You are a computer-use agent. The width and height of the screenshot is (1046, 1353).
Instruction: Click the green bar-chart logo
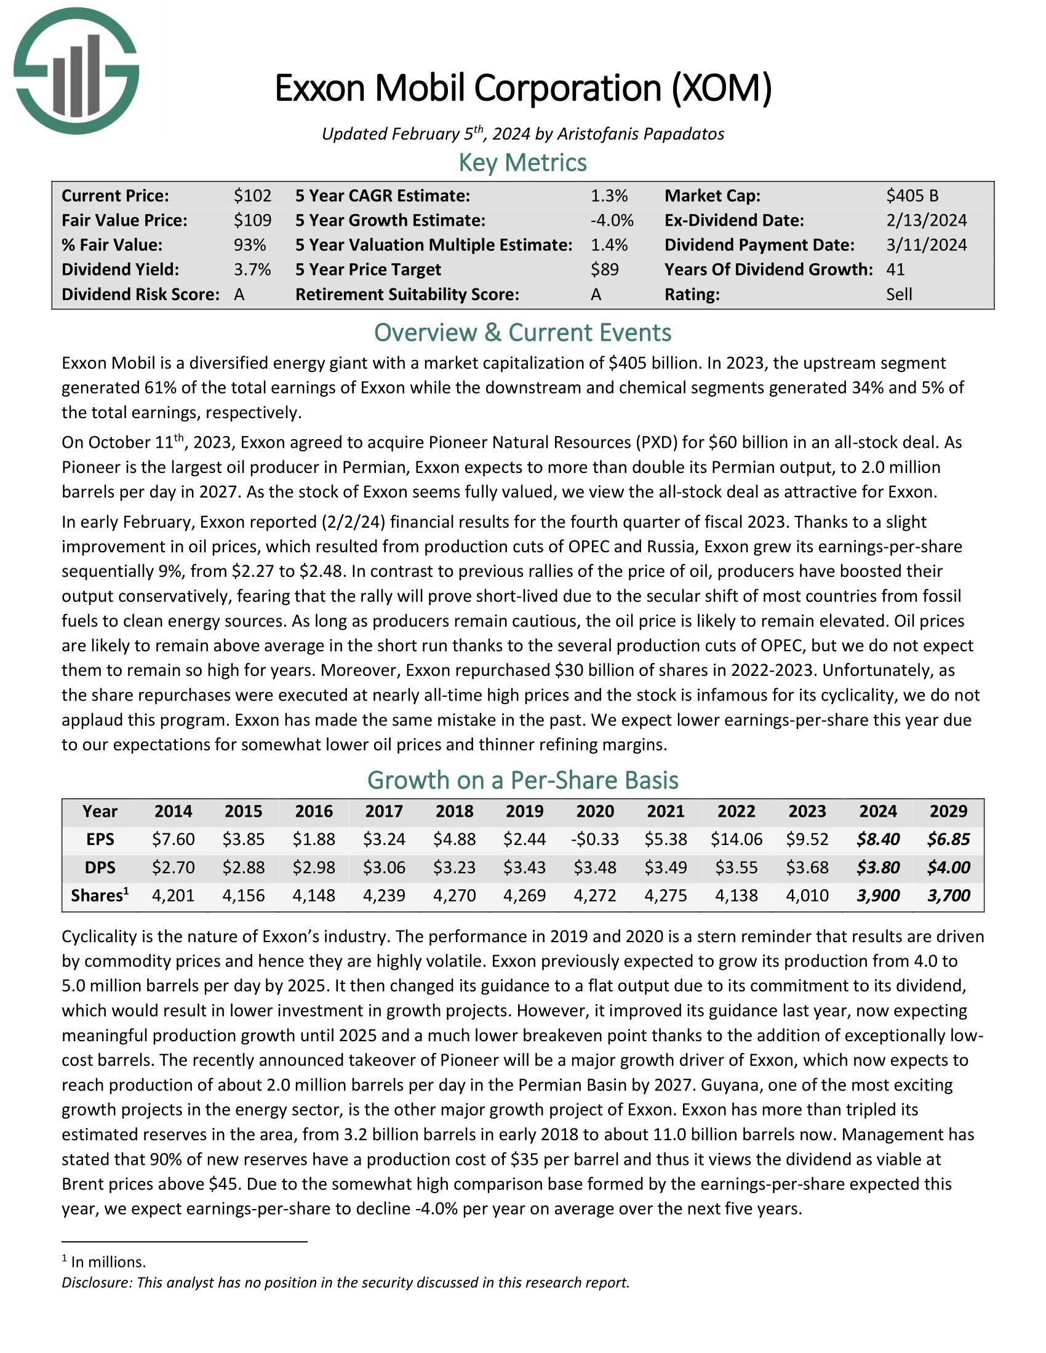pyautogui.click(x=76, y=71)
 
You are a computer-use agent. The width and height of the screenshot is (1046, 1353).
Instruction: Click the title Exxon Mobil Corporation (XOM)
pyautogui.click(x=522, y=88)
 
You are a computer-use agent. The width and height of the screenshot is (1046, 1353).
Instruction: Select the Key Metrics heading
pyautogui.click(x=522, y=162)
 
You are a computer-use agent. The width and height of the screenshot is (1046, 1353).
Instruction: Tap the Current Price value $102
pyautogui.click(x=252, y=196)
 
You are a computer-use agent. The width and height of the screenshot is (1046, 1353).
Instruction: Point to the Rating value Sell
pyautogui.click(x=898, y=294)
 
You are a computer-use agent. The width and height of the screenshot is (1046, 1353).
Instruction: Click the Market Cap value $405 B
pyautogui.click(x=911, y=196)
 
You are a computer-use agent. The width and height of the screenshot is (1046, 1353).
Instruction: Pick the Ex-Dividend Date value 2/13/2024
pyautogui.click(x=926, y=221)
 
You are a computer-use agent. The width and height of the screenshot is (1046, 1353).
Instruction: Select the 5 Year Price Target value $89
pyautogui.click(x=604, y=269)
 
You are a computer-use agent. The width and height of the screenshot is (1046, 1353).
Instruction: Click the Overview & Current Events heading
pyautogui.click(x=522, y=333)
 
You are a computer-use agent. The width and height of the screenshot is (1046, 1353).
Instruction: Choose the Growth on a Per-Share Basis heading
pyautogui.click(x=522, y=780)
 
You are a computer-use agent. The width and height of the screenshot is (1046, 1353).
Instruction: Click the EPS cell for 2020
pyautogui.click(x=595, y=839)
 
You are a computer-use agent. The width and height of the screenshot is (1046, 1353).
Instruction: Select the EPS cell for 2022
pyautogui.click(x=735, y=839)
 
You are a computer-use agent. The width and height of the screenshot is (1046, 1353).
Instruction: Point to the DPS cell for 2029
pyautogui.click(x=948, y=867)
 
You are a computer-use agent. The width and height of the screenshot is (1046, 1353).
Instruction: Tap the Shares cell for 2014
pyautogui.click(x=173, y=895)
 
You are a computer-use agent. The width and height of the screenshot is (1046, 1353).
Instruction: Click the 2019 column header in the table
pyautogui.click(x=524, y=812)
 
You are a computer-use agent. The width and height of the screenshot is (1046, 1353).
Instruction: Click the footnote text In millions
pyautogui.click(x=108, y=1261)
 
